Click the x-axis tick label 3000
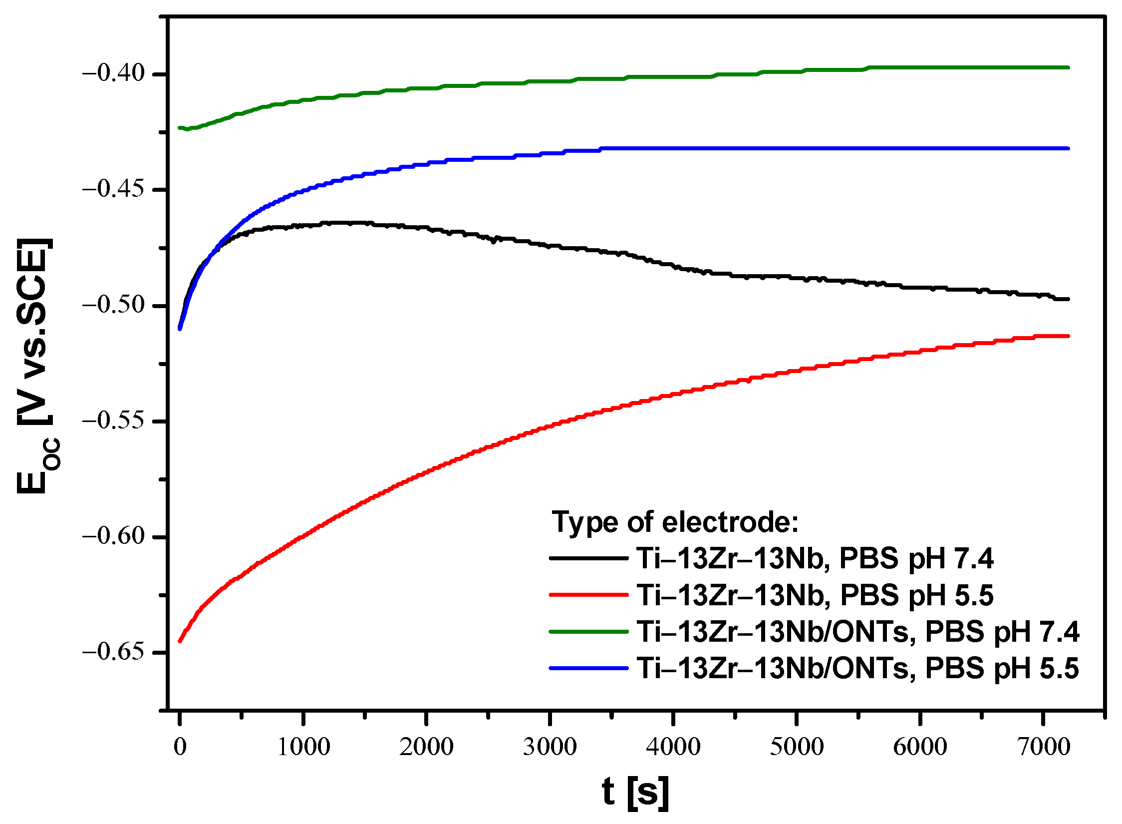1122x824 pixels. [550, 747]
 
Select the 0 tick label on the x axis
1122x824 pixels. [180, 747]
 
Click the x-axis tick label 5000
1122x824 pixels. [797, 747]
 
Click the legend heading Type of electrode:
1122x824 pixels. [675, 522]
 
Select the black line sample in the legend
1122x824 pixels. [588, 558]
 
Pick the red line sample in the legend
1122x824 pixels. [588, 595]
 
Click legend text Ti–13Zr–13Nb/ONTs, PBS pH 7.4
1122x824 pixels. [857, 632]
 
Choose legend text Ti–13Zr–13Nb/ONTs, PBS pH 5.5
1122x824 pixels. [857, 668]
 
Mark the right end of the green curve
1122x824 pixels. [1068, 67]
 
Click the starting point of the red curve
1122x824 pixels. [180, 641]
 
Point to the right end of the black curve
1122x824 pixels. [1068, 299]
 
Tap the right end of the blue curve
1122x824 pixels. [1068, 148]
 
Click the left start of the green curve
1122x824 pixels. [180, 128]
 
